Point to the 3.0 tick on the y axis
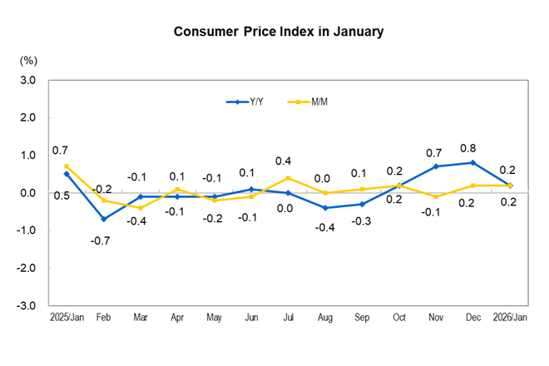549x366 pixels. click(27, 81)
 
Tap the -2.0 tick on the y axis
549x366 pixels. click(27, 269)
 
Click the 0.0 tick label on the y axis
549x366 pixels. click(27, 193)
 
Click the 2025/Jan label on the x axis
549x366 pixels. click(66, 318)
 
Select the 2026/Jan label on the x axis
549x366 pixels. click(509, 318)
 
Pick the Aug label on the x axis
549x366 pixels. click(325, 318)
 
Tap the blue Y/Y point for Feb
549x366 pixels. click(104, 219)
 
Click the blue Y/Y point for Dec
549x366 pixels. click(472, 163)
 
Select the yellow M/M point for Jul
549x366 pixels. click(288, 178)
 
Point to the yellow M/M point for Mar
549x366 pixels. click(141, 208)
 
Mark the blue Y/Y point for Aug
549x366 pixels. click(325, 208)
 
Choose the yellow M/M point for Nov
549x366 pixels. click(436, 196)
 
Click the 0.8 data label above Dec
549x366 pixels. click(472, 147)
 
